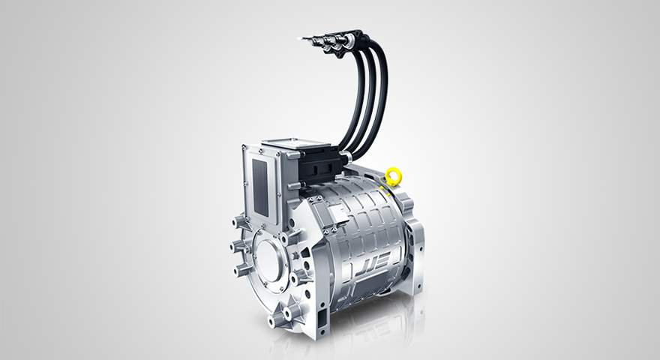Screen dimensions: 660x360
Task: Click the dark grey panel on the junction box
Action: [259, 187]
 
